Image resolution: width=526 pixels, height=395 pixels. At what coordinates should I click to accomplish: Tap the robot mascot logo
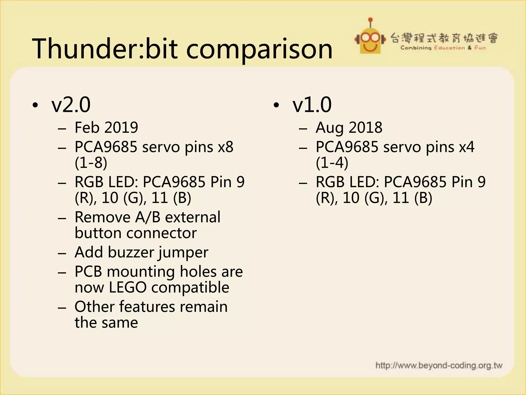coord(370,39)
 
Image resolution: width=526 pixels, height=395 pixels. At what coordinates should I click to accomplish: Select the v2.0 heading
coord(71,105)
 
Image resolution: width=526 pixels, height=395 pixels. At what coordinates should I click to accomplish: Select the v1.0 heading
coord(312,105)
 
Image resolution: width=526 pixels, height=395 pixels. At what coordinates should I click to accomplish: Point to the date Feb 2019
coord(106,128)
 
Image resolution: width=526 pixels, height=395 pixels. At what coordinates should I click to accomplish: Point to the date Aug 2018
coord(349,128)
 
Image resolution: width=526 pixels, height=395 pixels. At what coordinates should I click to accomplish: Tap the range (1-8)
coord(91,163)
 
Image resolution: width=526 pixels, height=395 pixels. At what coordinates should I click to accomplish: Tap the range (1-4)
coord(332,163)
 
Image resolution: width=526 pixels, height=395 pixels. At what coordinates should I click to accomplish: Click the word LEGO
coord(127,287)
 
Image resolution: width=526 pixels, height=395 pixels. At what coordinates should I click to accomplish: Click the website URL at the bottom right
coord(439,365)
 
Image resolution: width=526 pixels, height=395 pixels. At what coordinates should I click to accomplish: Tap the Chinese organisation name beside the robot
coord(444,38)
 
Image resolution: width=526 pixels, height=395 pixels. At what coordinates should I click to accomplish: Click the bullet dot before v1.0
coord(276,105)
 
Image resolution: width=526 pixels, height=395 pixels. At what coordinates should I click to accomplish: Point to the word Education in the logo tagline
coord(449,48)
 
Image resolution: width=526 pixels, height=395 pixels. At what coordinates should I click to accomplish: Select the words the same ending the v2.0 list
coord(106,323)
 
